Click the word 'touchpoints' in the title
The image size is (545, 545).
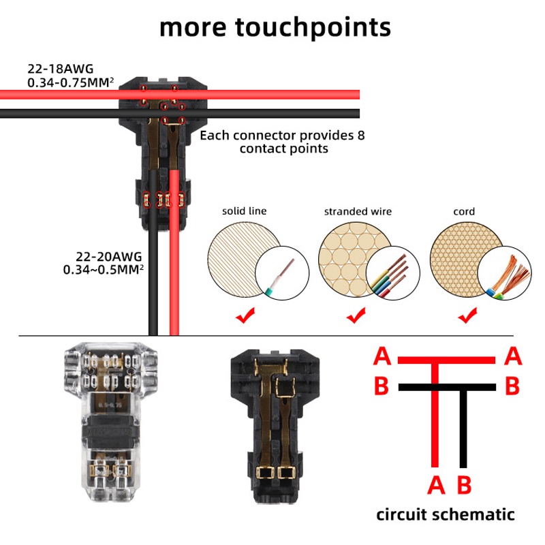[313, 28]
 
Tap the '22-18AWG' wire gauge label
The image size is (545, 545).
[61, 69]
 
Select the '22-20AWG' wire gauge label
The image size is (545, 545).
[109, 257]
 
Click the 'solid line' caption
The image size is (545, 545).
[245, 211]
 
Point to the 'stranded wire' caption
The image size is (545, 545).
[358, 211]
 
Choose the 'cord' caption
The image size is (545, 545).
[464, 212]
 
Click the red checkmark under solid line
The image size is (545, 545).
[245, 315]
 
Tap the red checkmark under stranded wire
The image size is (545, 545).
[356, 315]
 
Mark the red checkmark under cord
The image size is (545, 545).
[467, 315]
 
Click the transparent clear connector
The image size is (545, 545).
[110, 420]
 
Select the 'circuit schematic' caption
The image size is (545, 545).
[446, 514]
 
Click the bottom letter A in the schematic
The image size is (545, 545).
[436, 485]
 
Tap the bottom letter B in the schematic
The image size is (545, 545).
[464, 485]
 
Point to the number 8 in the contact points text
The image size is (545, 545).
[361, 135]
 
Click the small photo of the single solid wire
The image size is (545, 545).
[282, 273]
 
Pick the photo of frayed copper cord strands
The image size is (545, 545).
[504, 273]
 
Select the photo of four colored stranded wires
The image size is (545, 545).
[393, 273]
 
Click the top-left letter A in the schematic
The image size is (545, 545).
[382, 356]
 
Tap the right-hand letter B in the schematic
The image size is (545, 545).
[512, 386]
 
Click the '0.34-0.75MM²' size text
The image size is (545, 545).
[71, 82]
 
